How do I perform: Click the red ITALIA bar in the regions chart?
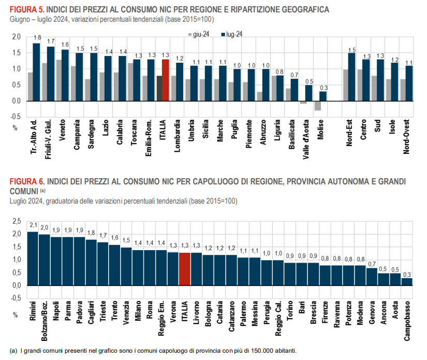click(166, 80)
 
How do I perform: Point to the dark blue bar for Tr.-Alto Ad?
click(36, 73)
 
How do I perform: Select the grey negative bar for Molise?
click(318, 106)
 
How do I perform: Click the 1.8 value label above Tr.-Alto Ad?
click(37, 38)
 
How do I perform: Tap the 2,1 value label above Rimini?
click(33, 225)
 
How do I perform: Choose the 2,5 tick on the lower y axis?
click(16, 222)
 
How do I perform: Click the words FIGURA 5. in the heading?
click(27, 10)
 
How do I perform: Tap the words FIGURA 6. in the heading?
click(27, 182)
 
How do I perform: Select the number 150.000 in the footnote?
click(257, 351)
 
